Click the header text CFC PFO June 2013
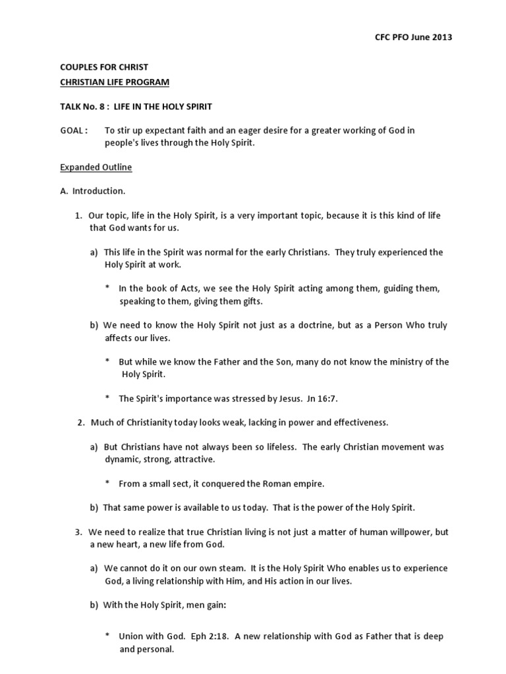(413, 37)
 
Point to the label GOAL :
(73, 130)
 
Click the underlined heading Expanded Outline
(96, 167)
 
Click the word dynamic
(121, 459)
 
